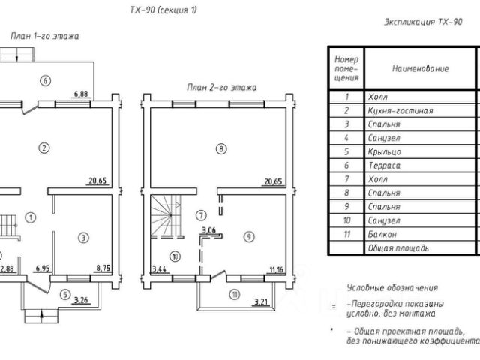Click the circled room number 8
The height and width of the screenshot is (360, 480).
tap(221, 149)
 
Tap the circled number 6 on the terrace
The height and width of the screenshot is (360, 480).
tap(45, 81)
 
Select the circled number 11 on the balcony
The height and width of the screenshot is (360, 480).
tap(235, 295)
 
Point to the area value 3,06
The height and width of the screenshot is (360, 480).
tap(208, 230)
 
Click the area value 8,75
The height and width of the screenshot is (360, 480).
tap(103, 268)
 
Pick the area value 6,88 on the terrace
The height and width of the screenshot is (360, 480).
tap(81, 94)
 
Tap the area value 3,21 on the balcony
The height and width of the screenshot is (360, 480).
tap(261, 302)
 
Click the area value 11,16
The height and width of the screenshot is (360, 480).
tap(277, 270)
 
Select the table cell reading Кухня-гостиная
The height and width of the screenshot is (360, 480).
tap(400, 110)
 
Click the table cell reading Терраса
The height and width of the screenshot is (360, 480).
tap(384, 166)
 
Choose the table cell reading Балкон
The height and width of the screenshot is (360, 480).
tap(382, 235)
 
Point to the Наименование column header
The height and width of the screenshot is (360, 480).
tap(420, 68)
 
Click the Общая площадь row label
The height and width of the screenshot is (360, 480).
tap(398, 248)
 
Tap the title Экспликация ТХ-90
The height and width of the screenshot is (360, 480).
tap(423, 22)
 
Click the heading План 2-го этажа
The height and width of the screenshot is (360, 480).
tap(222, 88)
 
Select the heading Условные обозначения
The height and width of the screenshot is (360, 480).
tap(392, 288)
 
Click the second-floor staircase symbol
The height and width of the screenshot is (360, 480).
tap(166, 216)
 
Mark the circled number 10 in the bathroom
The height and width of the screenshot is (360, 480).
tap(175, 256)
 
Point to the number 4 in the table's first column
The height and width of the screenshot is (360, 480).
tap(346, 138)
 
